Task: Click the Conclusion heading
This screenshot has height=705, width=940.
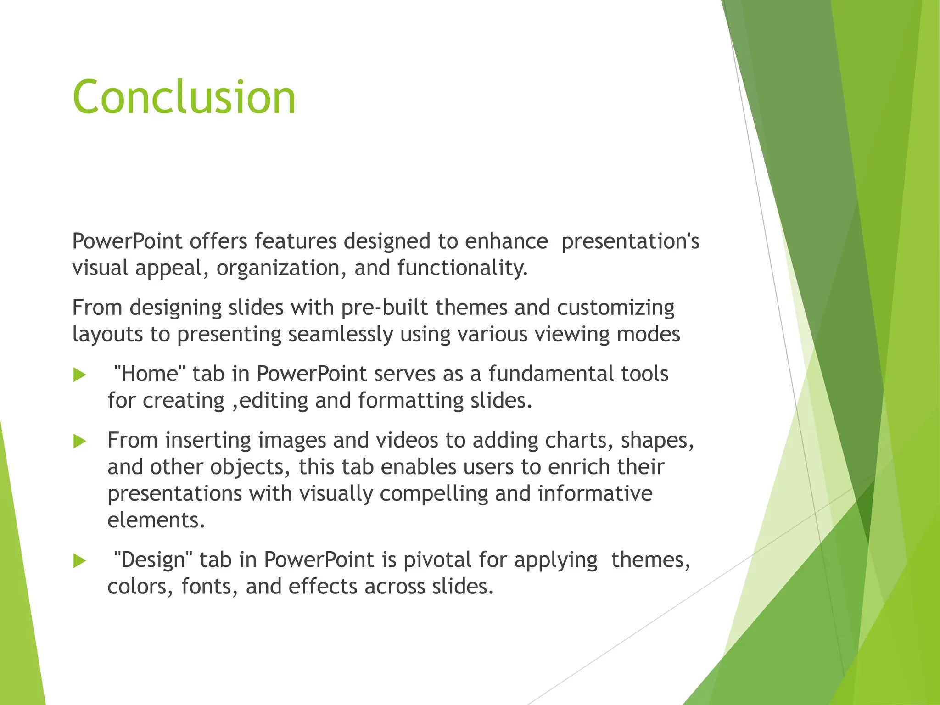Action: [184, 97]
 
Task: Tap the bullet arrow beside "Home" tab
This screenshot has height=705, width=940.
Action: [80, 375]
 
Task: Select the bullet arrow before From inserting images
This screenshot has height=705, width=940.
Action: [80, 442]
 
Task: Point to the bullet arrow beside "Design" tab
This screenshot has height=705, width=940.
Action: [80, 561]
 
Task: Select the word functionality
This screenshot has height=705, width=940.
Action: [462, 268]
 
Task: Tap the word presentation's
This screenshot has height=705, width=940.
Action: [630, 241]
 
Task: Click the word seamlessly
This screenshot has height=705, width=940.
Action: [341, 334]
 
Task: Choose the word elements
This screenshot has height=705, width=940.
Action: [156, 520]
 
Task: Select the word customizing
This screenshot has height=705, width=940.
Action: [615, 308]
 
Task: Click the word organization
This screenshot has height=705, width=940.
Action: [281, 268]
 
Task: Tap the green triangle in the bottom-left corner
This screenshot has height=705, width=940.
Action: [18, 620]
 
